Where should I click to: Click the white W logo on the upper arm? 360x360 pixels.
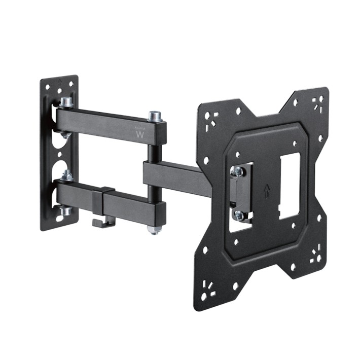140,135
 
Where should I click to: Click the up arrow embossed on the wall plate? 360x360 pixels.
59,81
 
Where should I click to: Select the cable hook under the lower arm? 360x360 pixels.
101,222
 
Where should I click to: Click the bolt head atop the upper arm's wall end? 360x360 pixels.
66,102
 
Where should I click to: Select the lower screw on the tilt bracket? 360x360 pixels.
238,215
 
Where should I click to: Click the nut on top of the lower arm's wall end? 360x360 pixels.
66,175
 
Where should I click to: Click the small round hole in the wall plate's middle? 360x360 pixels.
60,155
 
